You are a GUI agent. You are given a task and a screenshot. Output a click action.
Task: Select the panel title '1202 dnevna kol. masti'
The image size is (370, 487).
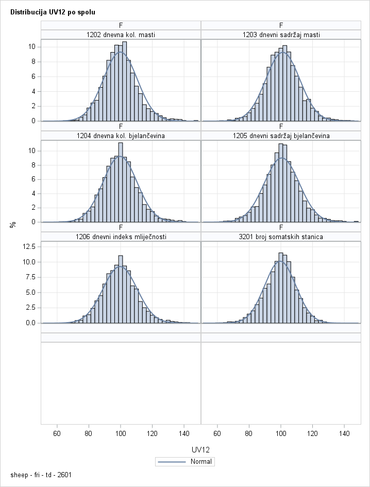tap(121, 35)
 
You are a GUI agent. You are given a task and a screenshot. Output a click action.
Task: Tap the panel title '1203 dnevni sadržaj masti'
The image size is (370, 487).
tap(281, 35)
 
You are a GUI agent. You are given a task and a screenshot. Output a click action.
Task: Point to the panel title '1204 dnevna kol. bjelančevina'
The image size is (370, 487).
tap(121, 136)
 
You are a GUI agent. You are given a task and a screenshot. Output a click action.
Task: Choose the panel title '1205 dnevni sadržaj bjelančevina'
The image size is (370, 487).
tap(281, 136)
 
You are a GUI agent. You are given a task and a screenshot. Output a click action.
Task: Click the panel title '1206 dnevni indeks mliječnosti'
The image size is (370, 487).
tap(121, 237)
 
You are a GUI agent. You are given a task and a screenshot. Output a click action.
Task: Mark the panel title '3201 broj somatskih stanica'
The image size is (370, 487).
tap(281, 237)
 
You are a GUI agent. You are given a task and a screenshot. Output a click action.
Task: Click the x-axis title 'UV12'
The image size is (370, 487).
tap(200, 449)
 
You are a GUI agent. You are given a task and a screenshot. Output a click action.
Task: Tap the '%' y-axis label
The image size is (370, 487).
tap(13, 224)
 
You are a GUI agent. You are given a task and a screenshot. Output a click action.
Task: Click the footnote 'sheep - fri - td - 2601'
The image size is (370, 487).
tap(41, 474)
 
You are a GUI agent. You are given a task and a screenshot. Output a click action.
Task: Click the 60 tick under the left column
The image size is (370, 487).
tap(57, 434)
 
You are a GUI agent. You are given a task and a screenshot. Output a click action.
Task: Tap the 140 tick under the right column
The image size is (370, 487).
tap(344, 434)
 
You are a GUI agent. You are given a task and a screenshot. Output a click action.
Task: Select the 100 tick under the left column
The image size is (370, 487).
tap(121, 434)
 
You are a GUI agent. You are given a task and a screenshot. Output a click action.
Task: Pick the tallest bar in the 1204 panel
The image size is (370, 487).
tap(120, 182)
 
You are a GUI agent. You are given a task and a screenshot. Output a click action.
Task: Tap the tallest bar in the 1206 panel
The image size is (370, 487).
tap(120, 289)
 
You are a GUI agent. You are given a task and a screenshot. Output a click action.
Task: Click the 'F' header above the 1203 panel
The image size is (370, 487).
tap(281, 25)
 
